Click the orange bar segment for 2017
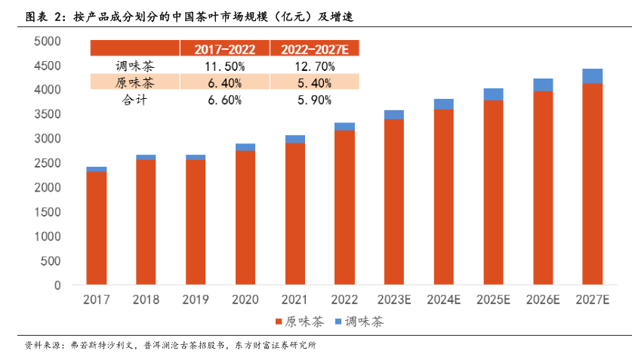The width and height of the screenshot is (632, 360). tap(96, 229)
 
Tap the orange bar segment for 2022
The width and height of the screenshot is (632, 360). tap(344, 208)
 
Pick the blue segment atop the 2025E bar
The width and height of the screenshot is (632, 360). tap(493, 94)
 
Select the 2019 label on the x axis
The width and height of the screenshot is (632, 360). tap(195, 300)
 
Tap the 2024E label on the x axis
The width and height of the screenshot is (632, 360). tap(443, 300)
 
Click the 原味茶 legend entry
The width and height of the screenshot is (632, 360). tap(300, 322)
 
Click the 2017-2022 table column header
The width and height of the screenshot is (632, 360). tap(224, 49)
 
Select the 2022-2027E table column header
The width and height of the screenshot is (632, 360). tap(315, 49)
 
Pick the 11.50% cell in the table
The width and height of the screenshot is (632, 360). tap(224, 66)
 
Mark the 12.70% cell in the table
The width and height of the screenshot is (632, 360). tap(315, 66)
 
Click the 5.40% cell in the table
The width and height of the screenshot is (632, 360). tap(315, 82)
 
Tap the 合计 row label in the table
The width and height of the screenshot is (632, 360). tap(135, 99)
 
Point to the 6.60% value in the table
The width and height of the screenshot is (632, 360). tap(224, 99)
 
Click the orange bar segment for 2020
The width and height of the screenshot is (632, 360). tap(245, 218)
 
